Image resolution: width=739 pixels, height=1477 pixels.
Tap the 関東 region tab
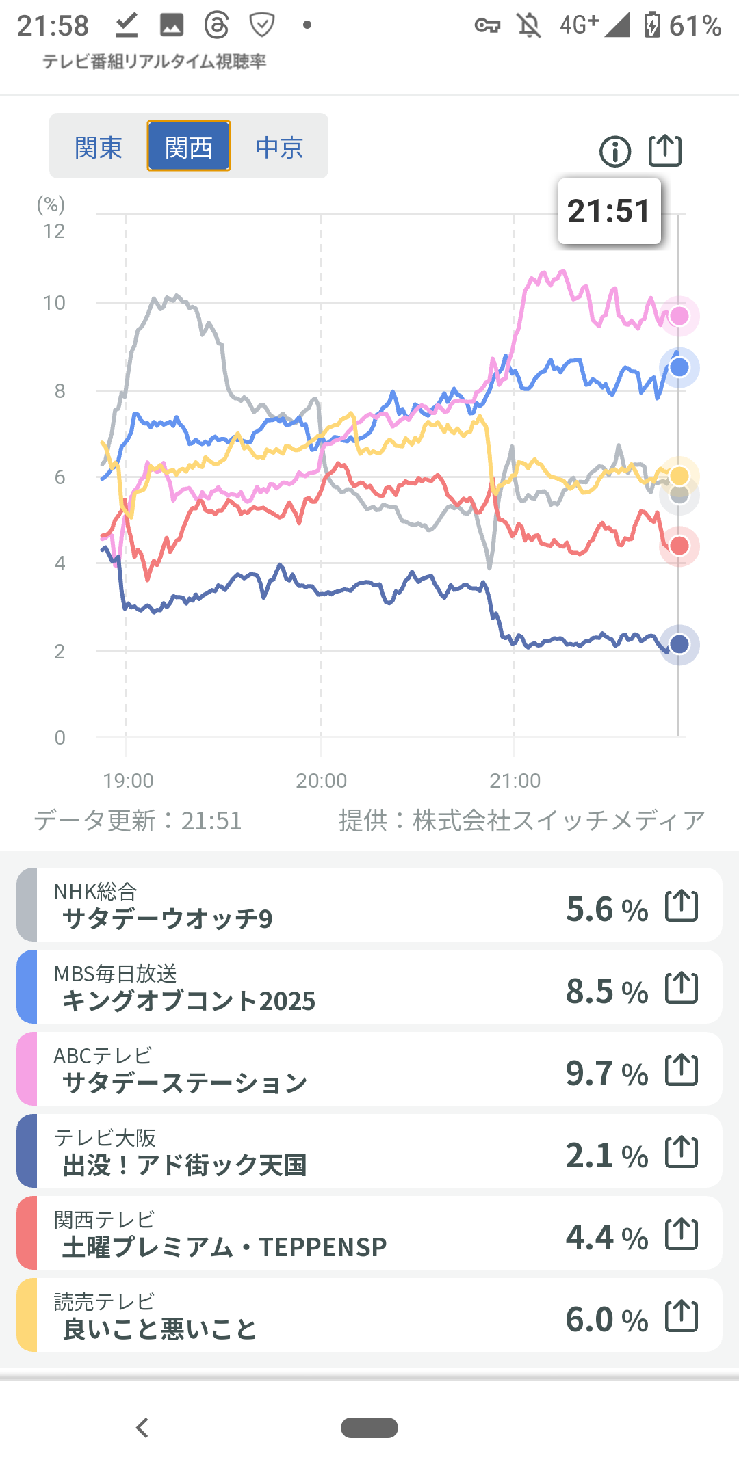tap(99, 147)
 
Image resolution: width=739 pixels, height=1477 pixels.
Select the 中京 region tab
tap(279, 147)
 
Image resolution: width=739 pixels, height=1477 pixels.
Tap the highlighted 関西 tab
tap(189, 146)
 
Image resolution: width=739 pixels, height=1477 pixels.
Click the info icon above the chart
tap(615, 151)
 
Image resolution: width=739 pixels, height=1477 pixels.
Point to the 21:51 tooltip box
tap(609, 211)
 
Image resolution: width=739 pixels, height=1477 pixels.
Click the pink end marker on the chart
tap(679, 316)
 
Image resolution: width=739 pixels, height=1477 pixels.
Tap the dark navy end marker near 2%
tap(679, 644)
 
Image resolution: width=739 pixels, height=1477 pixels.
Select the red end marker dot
tap(679, 546)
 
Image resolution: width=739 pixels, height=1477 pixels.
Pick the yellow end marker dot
tap(679, 476)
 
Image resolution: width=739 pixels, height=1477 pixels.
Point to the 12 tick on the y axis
tap(54, 231)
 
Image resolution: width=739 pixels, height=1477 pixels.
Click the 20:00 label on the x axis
tap(322, 780)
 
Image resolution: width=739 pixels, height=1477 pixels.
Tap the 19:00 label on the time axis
tap(128, 780)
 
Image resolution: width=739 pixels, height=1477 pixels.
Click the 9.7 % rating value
tap(606, 1073)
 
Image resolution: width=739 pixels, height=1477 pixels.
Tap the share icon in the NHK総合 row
tap(682, 906)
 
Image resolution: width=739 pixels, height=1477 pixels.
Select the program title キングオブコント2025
tap(189, 1001)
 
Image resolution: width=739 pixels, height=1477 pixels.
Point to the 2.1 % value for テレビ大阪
tap(606, 1155)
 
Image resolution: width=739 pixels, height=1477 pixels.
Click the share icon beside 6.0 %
tap(682, 1316)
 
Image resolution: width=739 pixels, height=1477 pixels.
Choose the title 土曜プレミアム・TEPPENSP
tap(224, 1247)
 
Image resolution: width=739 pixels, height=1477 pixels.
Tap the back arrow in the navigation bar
tap(142, 1428)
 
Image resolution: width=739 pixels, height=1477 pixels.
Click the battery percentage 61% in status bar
tap(695, 26)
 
